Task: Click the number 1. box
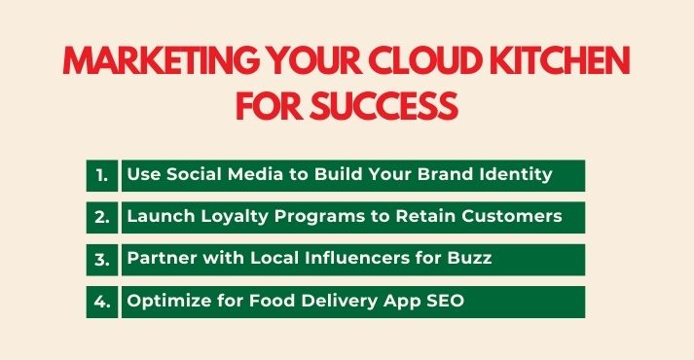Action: (x=101, y=175)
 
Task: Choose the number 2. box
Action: (x=101, y=217)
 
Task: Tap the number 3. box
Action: (x=101, y=259)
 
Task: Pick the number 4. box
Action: (x=101, y=301)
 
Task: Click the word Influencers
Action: (x=355, y=258)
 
